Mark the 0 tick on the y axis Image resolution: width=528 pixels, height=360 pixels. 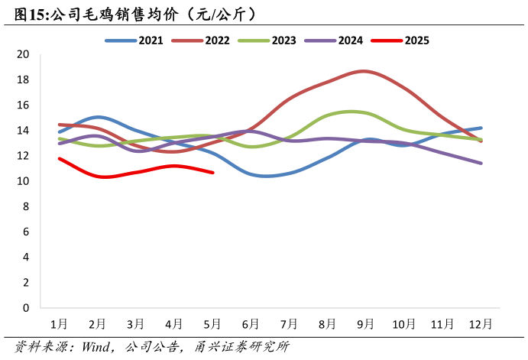[x=25, y=308]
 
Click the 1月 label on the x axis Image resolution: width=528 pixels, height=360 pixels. [x=59, y=323]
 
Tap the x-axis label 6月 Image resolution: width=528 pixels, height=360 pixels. [x=251, y=323]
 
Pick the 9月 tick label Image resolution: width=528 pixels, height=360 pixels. [x=366, y=323]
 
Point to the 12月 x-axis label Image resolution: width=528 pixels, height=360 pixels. [x=481, y=323]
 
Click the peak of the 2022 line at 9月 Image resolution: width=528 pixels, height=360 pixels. [x=364, y=71]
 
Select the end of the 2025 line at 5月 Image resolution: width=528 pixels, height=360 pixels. [x=212, y=173]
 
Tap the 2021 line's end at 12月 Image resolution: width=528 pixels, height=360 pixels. [x=481, y=128]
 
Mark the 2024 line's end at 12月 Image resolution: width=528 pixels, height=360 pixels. [x=481, y=163]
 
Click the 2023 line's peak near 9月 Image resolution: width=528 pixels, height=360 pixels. [x=353, y=112]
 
